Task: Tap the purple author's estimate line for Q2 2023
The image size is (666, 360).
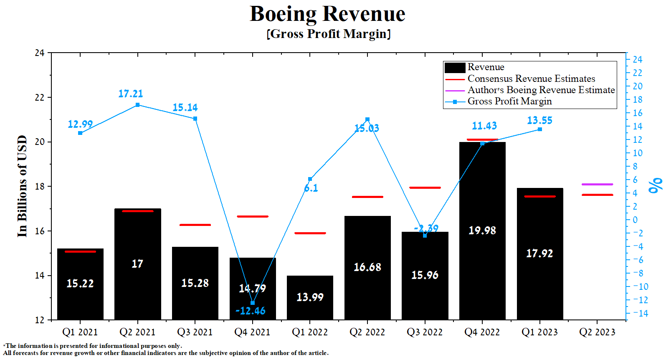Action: click(x=597, y=184)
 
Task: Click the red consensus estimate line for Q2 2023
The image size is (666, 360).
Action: click(x=597, y=195)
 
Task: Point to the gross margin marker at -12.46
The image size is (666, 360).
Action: click(x=253, y=303)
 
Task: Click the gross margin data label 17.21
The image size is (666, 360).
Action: click(x=130, y=94)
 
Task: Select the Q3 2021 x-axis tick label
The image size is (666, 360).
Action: click(x=195, y=332)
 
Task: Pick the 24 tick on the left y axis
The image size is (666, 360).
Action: click(x=40, y=53)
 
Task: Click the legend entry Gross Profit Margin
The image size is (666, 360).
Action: click(x=509, y=101)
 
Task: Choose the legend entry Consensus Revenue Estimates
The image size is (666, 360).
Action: click(x=531, y=79)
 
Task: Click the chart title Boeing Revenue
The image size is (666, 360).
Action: click(x=327, y=14)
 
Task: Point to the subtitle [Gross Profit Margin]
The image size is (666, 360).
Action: click(x=329, y=34)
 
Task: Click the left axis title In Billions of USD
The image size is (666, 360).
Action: click(x=22, y=186)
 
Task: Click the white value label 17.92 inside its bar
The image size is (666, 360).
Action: click(x=539, y=254)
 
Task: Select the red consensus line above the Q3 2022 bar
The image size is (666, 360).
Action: click(x=425, y=188)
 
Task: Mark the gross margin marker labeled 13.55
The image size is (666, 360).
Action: click(x=540, y=129)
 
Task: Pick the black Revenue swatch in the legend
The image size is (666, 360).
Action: click(x=455, y=68)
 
